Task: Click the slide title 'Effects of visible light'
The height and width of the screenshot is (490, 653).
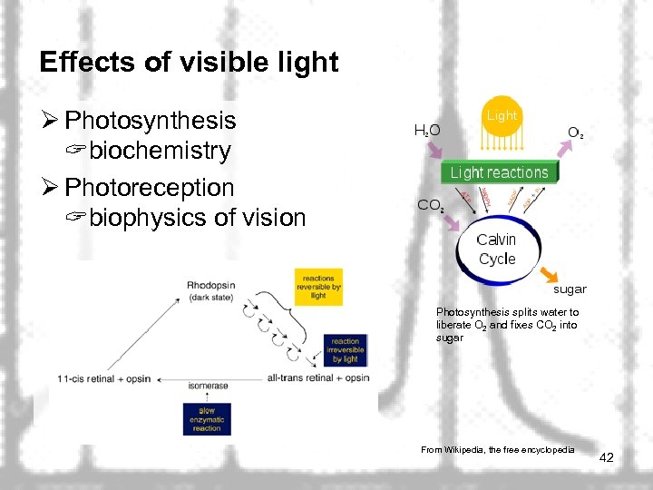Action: [x=189, y=63]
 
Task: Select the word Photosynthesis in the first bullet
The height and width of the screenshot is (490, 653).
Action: [x=151, y=121]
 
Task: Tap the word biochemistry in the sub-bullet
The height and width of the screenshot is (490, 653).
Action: [x=160, y=151]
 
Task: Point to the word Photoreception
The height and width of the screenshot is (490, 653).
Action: [x=150, y=188]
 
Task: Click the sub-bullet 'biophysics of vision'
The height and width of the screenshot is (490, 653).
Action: [x=197, y=218]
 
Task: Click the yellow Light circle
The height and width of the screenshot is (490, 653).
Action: [x=501, y=117]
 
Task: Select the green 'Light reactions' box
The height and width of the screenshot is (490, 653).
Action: [x=499, y=172]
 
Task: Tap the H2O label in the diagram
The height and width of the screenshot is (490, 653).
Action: [x=427, y=131]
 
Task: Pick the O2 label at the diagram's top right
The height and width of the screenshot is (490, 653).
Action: [x=575, y=132]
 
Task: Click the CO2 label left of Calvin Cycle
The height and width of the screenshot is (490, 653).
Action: [x=430, y=206]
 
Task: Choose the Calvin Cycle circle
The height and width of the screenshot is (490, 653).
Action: [x=497, y=249]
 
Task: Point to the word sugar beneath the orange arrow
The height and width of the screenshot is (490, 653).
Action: [x=570, y=289]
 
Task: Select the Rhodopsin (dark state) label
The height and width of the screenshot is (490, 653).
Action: [x=210, y=290]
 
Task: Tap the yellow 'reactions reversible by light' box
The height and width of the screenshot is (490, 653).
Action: [x=318, y=287]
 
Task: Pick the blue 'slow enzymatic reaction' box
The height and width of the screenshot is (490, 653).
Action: [x=207, y=419]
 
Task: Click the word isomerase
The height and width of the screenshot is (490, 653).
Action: [x=208, y=386]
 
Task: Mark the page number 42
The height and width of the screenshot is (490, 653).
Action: [x=607, y=458]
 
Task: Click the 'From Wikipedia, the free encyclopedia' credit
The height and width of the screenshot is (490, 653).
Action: [x=498, y=450]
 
